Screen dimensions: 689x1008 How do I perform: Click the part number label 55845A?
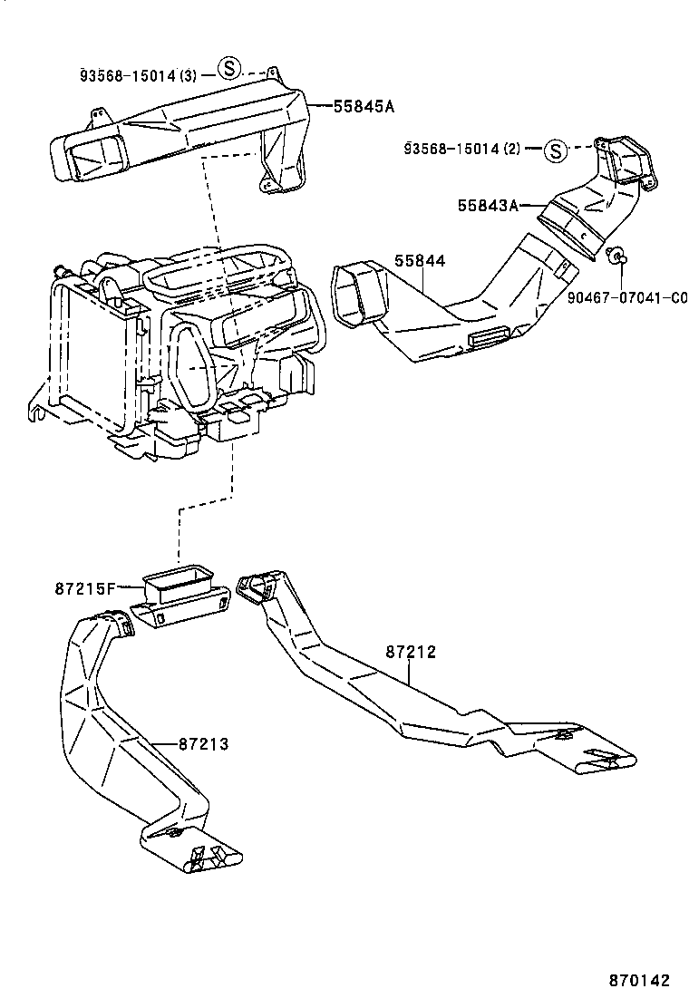click(364, 106)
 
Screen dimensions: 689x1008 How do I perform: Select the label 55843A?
click(488, 205)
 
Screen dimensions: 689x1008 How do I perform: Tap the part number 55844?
click(420, 261)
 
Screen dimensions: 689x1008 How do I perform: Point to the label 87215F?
click(84, 587)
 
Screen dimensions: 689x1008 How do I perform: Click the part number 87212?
click(411, 652)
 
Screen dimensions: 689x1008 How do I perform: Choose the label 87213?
click(204, 744)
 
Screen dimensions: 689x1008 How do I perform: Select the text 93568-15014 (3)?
click(139, 75)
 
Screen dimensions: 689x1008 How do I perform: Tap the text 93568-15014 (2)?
click(462, 149)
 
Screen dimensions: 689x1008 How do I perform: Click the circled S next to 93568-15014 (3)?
click(228, 67)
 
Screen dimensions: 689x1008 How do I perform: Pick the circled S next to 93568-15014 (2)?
click(555, 151)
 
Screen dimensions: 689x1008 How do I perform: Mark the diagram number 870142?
click(639, 981)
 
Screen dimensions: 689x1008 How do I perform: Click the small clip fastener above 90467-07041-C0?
click(616, 256)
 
